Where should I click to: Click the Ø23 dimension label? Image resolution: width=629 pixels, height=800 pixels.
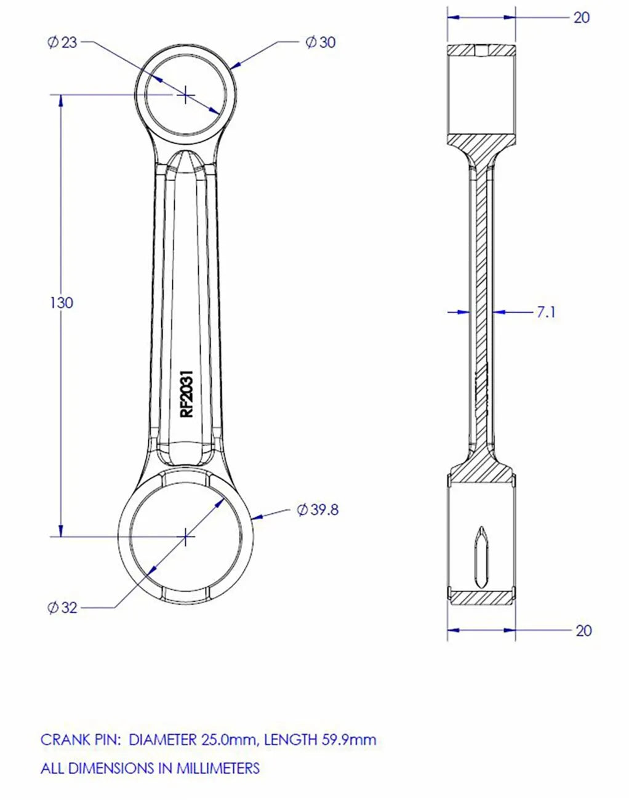point(62,42)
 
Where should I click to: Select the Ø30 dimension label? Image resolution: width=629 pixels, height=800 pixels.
point(321,42)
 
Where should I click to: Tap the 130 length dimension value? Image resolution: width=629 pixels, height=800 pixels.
point(61,303)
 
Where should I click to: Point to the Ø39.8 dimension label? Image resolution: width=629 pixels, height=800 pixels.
point(318,510)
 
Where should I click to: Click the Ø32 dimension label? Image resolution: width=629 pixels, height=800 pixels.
point(62,608)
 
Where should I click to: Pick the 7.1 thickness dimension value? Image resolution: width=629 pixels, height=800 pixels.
point(545,312)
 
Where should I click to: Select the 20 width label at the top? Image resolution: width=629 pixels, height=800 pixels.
point(582,17)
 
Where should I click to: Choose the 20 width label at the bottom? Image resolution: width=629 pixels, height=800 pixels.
point(583,630)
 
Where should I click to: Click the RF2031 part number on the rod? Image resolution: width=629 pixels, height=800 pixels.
point(186,394)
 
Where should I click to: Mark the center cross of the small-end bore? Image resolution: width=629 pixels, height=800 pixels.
point(185,95)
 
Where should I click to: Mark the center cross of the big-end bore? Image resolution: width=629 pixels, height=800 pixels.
point(185,537)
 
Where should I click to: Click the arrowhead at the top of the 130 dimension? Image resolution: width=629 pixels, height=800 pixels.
point(60,102)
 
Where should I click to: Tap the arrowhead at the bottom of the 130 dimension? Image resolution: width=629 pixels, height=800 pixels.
point(60,530)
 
